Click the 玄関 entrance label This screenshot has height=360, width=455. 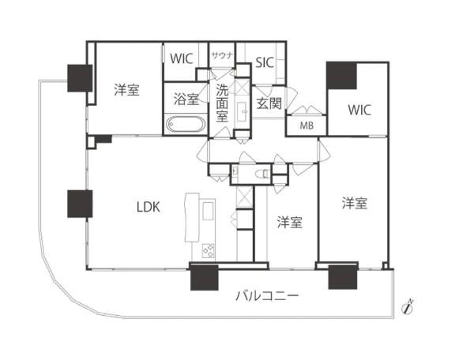tap(269, 103)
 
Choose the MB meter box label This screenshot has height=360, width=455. tap(304, 125)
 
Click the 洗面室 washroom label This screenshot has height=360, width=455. tap(223, 101)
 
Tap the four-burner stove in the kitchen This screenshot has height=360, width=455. tap(209, 252)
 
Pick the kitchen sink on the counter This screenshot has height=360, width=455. tap(208, 212)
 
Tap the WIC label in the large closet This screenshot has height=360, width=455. tap(358, 108)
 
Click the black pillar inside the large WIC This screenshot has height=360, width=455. tap(342, 76)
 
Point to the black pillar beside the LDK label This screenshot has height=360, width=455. tap(81, 204)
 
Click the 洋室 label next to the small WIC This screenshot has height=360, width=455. tap(126, 90)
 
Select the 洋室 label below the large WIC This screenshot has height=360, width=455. tap(354, 204)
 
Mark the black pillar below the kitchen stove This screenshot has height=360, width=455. tap(204, 279)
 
